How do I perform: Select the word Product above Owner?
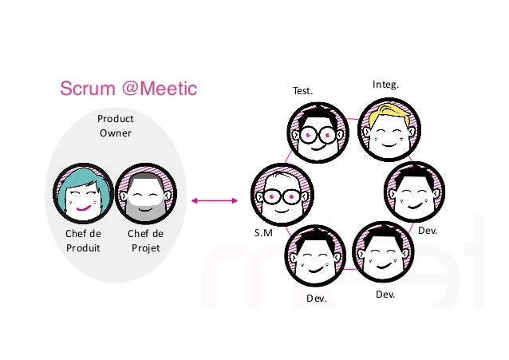pyautogui.click(x=115, y=118)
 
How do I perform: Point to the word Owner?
pyautogui.click(x=115, y=133)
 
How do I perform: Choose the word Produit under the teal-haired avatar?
pyautogui.click(x=84, y=247)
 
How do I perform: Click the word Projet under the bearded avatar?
pyautogui.click(x=145, y=247)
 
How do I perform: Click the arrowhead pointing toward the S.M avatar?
pyautogui.click(x=237, y=200)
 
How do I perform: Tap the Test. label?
pyautogui.click(x=302, y=91)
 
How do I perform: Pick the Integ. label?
pyautogui.click(x=385, y=83)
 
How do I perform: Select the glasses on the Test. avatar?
pyautogui.click(x=318, y=135)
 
